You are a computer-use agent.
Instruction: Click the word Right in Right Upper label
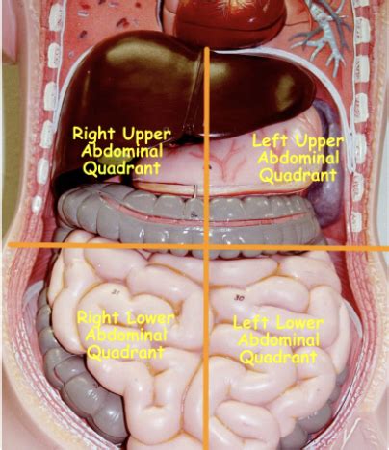94,134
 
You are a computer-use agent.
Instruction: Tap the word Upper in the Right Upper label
146,135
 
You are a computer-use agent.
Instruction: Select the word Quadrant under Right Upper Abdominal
122,168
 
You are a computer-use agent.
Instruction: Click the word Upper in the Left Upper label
319,142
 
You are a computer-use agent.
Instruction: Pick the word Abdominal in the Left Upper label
298,159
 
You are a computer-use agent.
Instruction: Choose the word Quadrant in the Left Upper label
298,175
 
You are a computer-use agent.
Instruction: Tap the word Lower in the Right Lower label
150,318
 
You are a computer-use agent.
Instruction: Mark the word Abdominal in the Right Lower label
126,336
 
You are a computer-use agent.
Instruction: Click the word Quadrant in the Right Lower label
126,353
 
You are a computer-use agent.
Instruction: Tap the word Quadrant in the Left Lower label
278,357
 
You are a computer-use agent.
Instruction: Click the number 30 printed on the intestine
239,298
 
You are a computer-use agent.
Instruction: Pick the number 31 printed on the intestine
115,292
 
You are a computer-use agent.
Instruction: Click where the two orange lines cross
206,247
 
